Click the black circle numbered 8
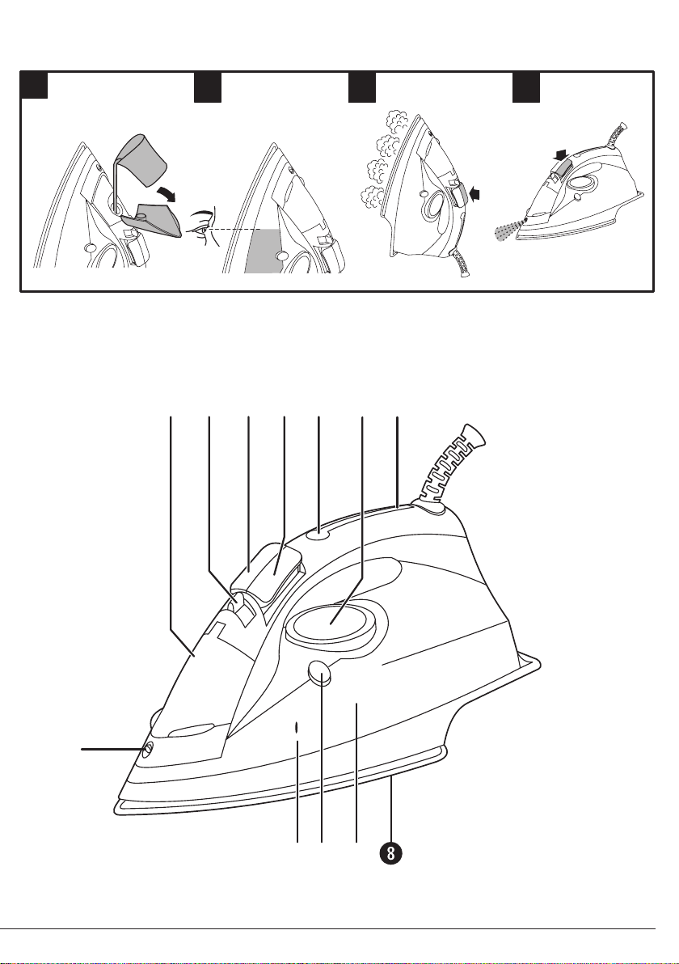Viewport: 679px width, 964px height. (x=391, y=852)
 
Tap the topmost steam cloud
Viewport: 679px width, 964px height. (x=394, y=119)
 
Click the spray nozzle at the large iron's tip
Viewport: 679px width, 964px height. (x=148, y=750)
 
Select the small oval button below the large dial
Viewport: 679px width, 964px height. (x=318, y=673)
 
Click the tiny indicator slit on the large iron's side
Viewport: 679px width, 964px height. (x=297, y=727)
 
